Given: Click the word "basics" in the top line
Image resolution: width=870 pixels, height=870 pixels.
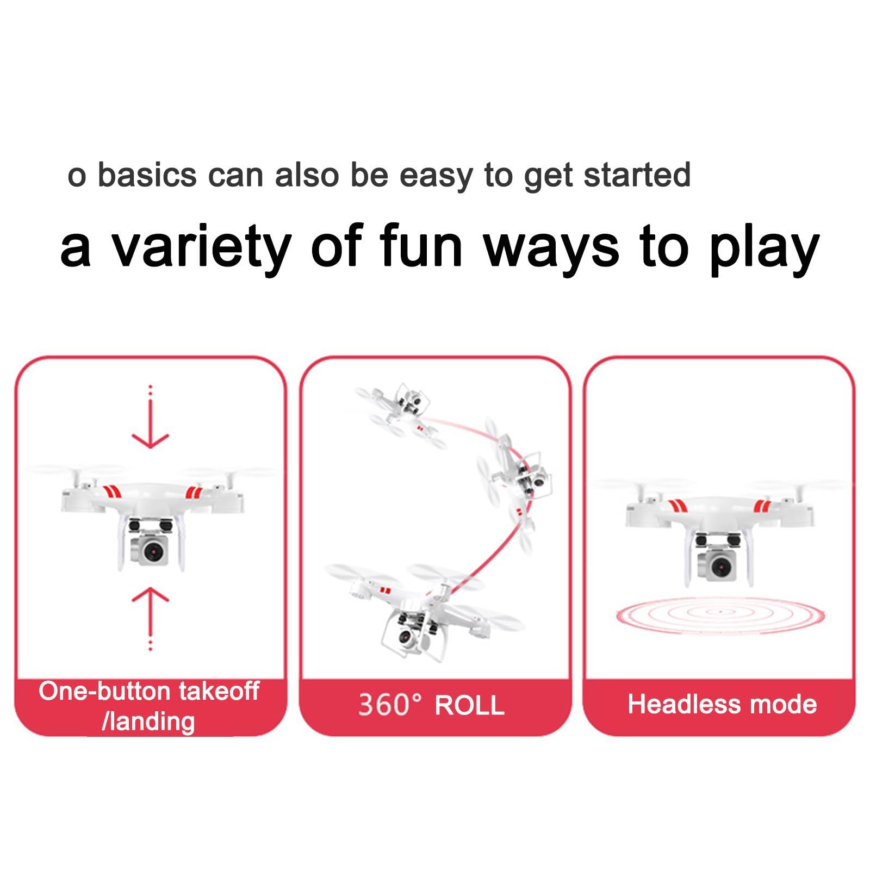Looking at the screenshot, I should point(147,175).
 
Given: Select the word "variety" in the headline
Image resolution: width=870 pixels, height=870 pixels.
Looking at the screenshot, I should point(201,247).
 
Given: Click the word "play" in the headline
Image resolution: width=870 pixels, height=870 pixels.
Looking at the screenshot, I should point(764,247).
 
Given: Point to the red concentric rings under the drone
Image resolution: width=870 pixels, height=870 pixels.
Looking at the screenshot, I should point(721,614).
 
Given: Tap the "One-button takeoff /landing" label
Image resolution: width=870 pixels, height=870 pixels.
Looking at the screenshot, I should point(149,706).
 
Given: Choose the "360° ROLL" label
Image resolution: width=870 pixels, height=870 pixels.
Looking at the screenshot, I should point(431,705).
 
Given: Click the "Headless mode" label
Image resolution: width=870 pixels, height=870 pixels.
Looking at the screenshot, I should point(722,704).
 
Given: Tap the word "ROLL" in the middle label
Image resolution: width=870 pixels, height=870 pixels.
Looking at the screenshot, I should point(470,706).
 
